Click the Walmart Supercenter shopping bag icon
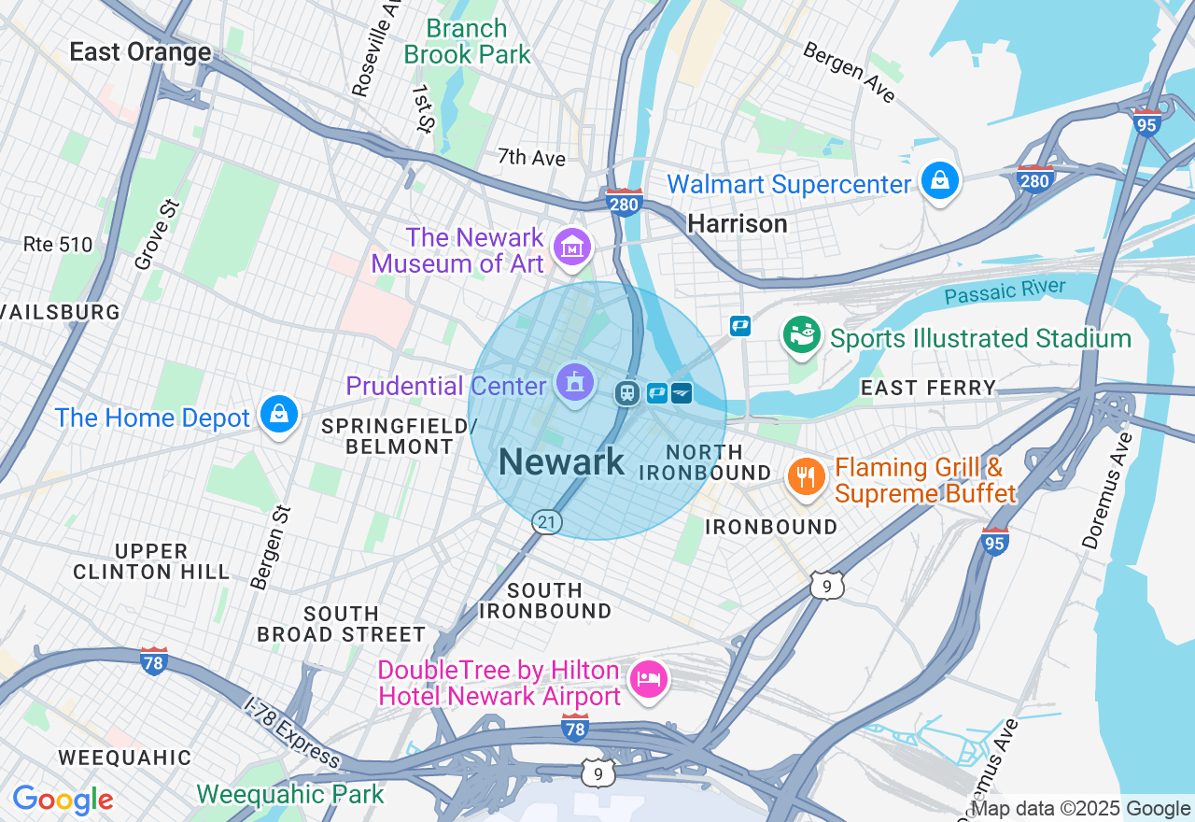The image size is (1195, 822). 940,180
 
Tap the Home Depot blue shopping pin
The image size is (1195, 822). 278,414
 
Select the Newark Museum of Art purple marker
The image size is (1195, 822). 571,248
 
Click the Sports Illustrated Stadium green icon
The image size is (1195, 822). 801,335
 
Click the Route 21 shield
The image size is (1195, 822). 547,522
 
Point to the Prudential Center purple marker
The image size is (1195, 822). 574,382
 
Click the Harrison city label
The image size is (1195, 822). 737,223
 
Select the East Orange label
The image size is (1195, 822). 140,52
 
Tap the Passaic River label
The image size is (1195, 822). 1004,291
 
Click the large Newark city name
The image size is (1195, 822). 561,462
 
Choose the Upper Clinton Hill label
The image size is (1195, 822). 150,561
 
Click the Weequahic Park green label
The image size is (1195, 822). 289,795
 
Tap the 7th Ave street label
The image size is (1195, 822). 531,158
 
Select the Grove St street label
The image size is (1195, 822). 156,234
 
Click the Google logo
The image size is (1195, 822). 63,801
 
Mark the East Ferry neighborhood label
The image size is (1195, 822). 928,388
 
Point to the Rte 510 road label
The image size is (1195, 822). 58,245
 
